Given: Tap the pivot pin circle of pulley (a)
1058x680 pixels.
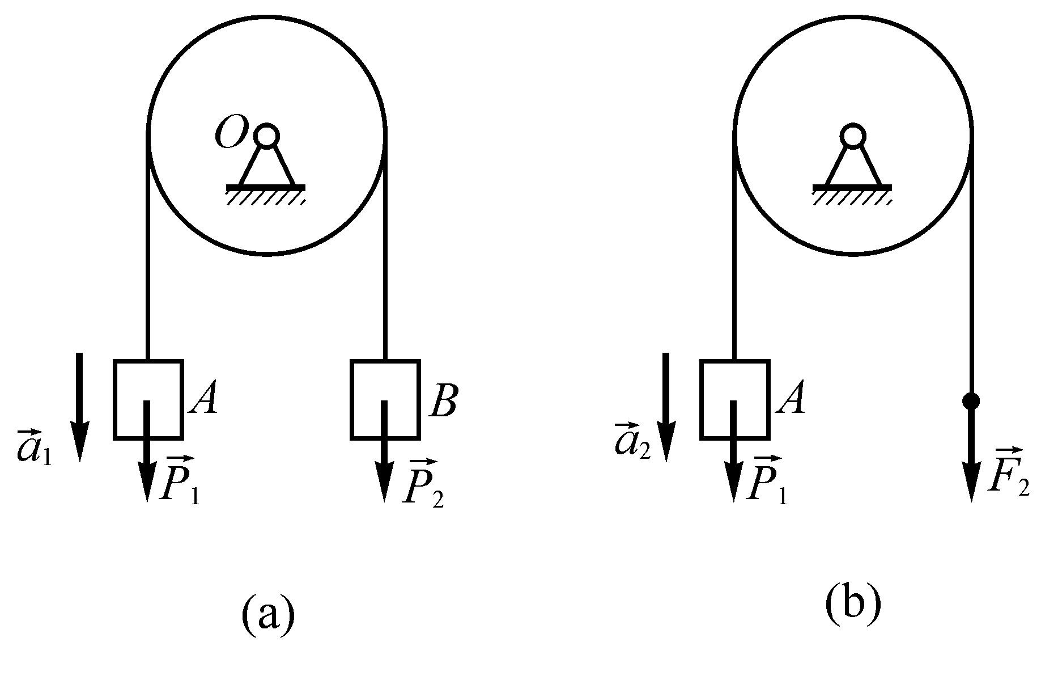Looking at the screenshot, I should click(266, 136).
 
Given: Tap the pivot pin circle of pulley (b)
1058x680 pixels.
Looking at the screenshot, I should click(852, 136).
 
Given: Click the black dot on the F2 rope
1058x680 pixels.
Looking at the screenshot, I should click(971, 401).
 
